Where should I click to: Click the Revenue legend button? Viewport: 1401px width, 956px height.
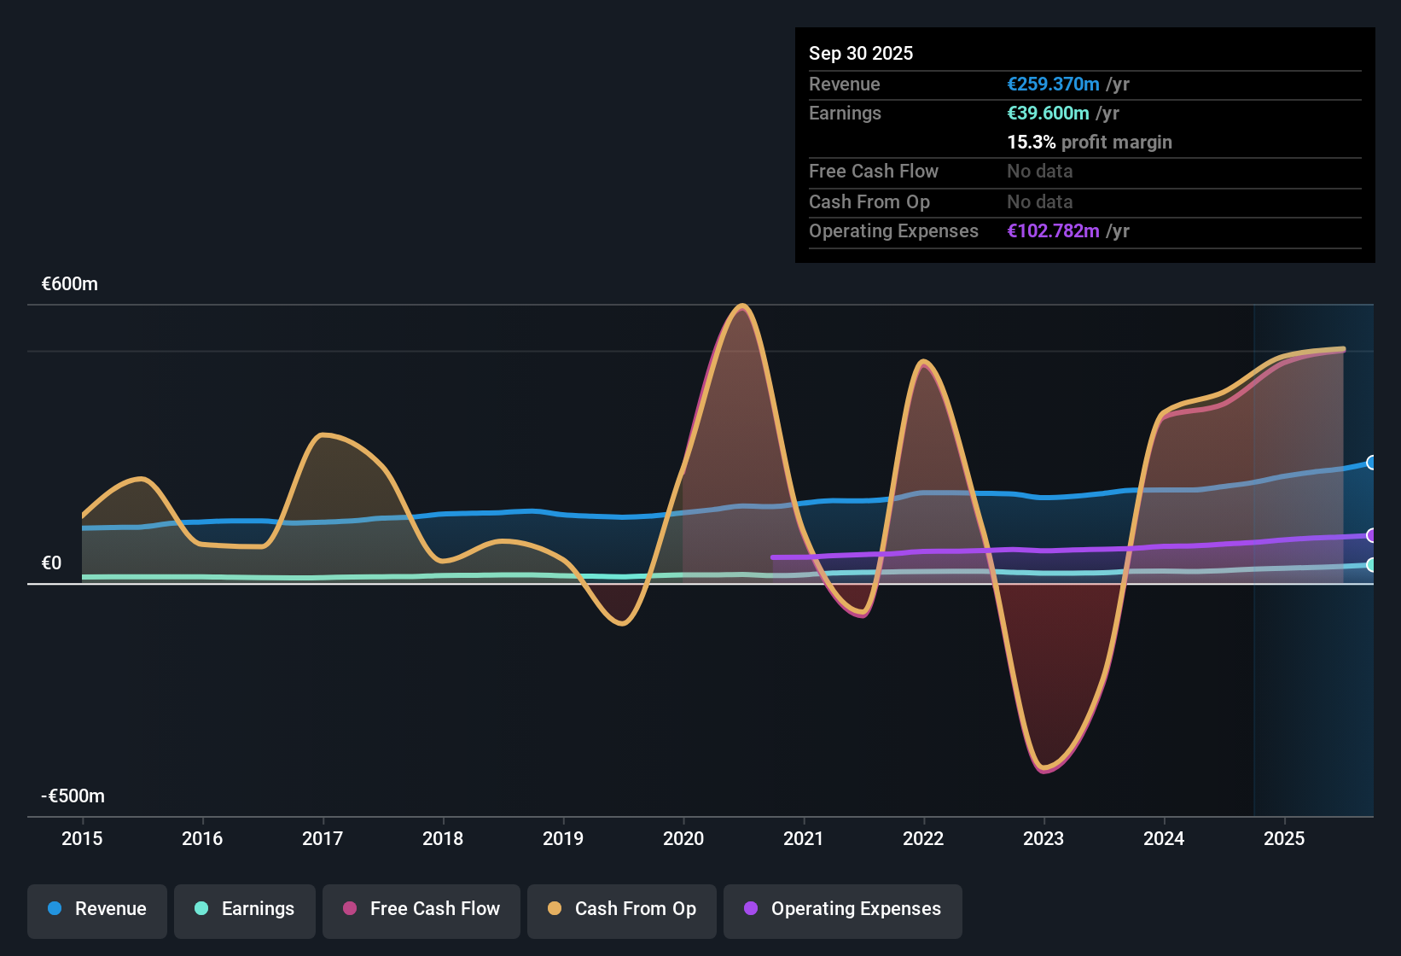point(97,909)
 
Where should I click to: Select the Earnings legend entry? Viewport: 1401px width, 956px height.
point(245,909)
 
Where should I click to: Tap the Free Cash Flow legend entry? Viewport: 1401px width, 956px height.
point(421,909)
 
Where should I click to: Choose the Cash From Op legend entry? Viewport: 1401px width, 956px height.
point(622,909)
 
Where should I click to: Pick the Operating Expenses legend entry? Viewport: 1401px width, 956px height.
point(843,909)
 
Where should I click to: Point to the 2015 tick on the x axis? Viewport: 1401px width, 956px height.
point(82,838)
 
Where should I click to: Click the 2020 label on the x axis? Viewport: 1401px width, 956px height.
point(683,838)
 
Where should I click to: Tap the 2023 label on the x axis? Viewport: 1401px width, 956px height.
point(1043,838)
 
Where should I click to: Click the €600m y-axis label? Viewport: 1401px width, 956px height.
point(70,284)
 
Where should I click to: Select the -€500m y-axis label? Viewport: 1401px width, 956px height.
point(73,796)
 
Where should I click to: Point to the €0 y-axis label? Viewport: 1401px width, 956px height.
point(52,563)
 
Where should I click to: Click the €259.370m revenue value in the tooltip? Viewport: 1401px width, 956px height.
point(1053,85)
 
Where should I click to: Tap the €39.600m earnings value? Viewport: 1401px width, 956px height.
point(1048,114)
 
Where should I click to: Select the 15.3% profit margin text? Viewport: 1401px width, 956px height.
point(1090,143)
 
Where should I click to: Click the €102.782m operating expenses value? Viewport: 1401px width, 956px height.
point(1053,231)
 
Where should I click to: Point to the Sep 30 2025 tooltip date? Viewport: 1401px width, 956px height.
point(861,53)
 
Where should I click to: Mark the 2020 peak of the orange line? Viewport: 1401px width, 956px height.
point(742,306)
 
